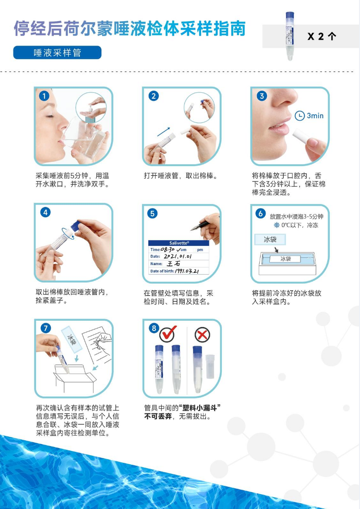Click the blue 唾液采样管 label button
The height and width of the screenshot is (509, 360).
[x=57, y=53]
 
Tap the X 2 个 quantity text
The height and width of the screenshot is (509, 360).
[x=322, y=36]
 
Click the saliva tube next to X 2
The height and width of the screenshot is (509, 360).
[x=289, y=36]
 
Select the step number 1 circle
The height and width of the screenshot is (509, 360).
[x=45, y=96]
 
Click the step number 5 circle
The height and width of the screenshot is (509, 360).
[x=152, y=214]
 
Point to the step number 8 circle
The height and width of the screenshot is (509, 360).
[x=154, y=328]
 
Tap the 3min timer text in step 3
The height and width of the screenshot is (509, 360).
[x=315, y=116]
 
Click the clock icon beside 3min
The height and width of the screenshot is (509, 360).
[x=300, y=116]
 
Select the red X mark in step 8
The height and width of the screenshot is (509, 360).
[x=202, y=335]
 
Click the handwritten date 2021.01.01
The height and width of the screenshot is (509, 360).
[x=178, y=256]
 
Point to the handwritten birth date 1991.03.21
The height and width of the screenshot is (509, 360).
[x=187, y=271]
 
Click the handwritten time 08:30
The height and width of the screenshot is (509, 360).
[x=168, y=250]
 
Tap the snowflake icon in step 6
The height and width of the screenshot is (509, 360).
[x=276, y=225]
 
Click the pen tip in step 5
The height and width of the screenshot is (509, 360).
[x=192, y=229]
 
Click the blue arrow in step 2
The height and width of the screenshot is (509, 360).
[x=164, y=132]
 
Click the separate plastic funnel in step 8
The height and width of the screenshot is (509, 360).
[x=210, y=366]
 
